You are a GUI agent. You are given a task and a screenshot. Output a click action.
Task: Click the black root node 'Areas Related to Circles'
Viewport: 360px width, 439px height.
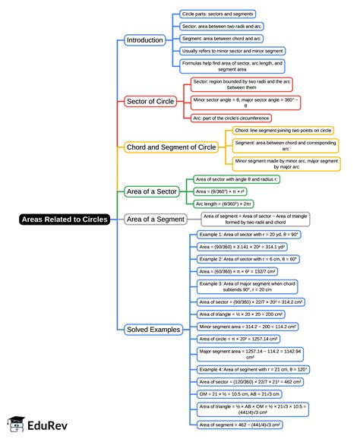pyautogui.click(x=65, y=219)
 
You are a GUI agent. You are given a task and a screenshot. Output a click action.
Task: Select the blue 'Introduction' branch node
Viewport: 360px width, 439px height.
pyautogui.click(x=144, y=39)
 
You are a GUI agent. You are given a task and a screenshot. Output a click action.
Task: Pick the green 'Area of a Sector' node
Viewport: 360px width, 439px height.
pyautogui.click(x=153, y=191)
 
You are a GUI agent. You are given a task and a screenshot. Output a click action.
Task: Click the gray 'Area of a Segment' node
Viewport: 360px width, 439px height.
pyautogui.click(x=155, y=219)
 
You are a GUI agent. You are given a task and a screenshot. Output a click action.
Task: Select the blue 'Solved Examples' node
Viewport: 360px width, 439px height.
pyautogui.click(x=153, y=330)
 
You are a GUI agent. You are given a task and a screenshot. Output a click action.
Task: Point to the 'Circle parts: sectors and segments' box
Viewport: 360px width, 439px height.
pyautogui.click(x=217, y=14)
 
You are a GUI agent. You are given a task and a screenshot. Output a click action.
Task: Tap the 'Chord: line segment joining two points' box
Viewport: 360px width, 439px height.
pyautogui.click(x=283, y=131)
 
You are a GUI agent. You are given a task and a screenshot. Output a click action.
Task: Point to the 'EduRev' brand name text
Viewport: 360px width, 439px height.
pyautogui.click(x=49, y=425)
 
